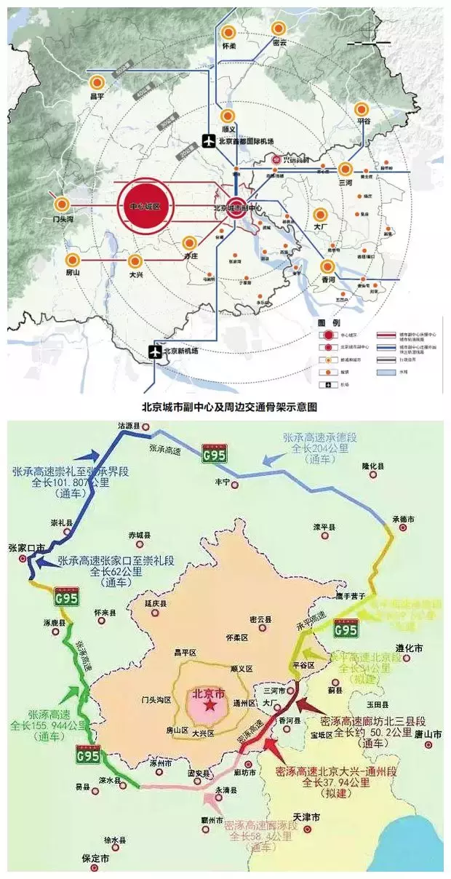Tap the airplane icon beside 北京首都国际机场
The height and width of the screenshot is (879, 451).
tap(209, 141)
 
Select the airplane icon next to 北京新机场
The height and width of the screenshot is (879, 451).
tap(154, 351)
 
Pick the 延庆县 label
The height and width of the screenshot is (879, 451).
tap(155, 604)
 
